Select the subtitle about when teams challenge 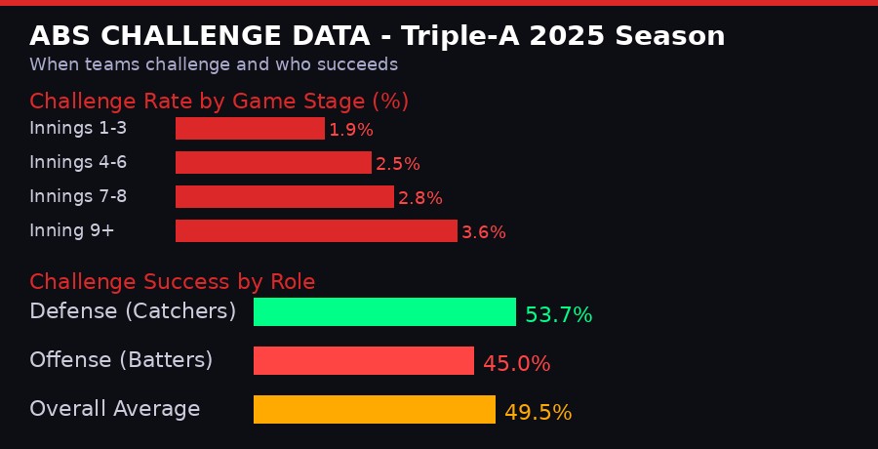pyautogui.click(x=214, y=65)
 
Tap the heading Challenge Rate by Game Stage pyautogui.click(x=219, y=102)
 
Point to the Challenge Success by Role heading pyautogui.click(x=172, y=282)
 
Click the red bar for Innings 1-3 pyautogui.click(x=250, y=129)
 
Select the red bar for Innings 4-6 pyautogui.click(x=273, y=163)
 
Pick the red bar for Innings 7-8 pyautogui.click(x=284, y=197)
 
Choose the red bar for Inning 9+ pyautogui.click(x=316, y=231)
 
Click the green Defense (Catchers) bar pyautogui.click(x=384, y=312)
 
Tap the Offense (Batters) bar pyautogui.click(x=363, y=361)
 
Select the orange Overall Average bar pyautogui.click(x=374, y=410)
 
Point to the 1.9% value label pyautogui.click(x=351, y=130)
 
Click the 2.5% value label pyautogui.click(x=398, y=164)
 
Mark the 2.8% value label pyautogui.click(x=420, y=198)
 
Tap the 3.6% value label pyautogui.click(x=484, y=232)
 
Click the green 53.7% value pyautogui.click(x=558, y=315)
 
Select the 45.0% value pyautogui.click(x=516, y=364)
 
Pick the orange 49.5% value pyautogui.click(x=538, y=413)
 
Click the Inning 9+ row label pyautogui.click(x=72, y=231)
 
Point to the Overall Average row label pyautogui.click(x=114, y=410)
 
